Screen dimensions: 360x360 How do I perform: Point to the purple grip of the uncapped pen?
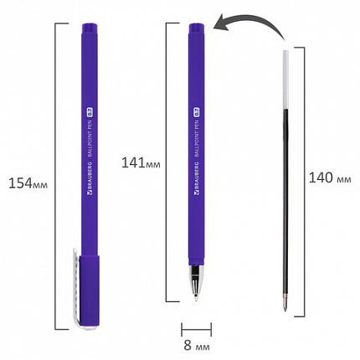196,251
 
